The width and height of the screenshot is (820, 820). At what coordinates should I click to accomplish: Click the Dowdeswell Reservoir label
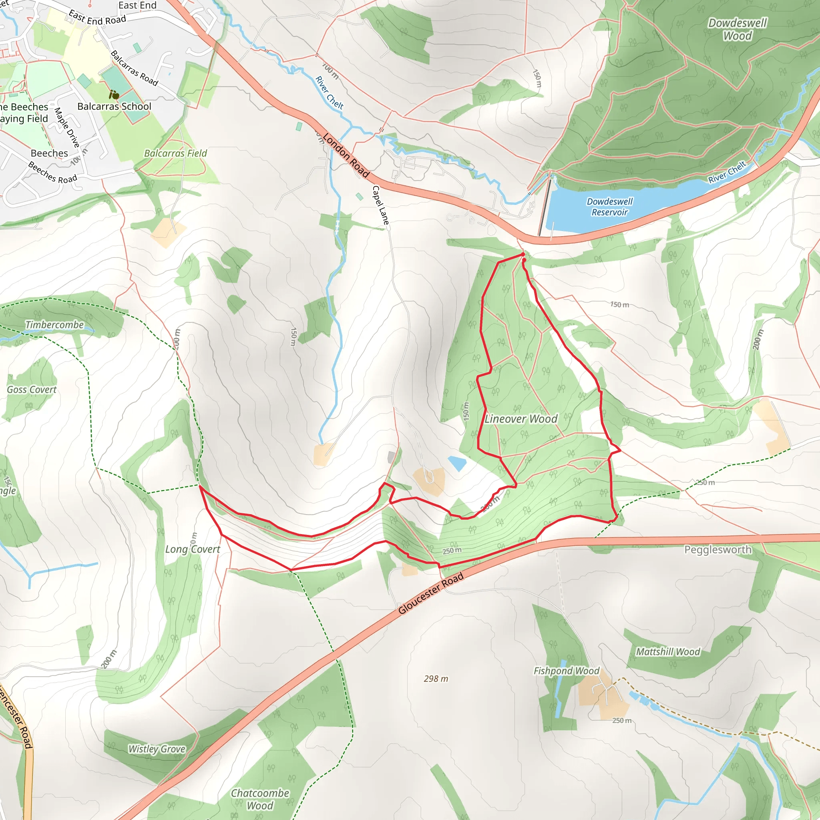609,207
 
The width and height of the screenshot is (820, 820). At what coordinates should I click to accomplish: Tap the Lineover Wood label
521,419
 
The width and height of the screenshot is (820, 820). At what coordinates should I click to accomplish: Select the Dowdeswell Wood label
738,29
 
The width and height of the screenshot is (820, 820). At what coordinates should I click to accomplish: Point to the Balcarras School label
114,107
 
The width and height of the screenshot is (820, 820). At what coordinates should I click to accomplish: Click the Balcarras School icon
114,94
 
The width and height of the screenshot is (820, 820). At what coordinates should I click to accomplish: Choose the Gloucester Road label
430,593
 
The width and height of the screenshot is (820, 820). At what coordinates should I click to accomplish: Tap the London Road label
346,155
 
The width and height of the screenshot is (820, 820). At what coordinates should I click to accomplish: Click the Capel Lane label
380,205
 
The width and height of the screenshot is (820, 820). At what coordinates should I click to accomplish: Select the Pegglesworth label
718,550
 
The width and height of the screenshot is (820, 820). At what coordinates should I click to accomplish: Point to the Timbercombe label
55,325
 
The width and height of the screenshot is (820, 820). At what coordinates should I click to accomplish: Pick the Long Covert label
193,549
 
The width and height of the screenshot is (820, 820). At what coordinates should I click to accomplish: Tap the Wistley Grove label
157,749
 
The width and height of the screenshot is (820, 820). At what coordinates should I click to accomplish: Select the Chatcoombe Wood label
260,799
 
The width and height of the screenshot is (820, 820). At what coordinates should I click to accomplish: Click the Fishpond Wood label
566,671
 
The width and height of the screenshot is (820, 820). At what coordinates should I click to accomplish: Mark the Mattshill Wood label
667,652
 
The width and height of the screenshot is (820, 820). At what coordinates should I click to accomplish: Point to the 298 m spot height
436,679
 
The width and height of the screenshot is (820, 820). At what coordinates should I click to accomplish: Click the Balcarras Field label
176,153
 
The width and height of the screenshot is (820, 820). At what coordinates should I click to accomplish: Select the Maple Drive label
67,127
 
